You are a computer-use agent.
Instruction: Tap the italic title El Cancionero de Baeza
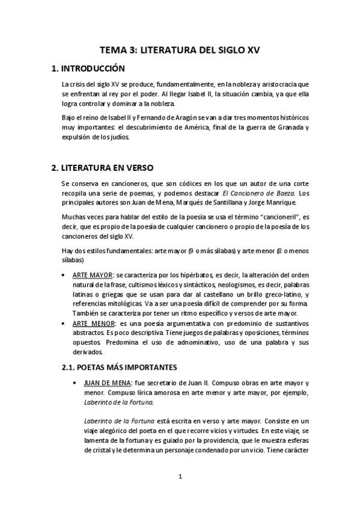[258, 192]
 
